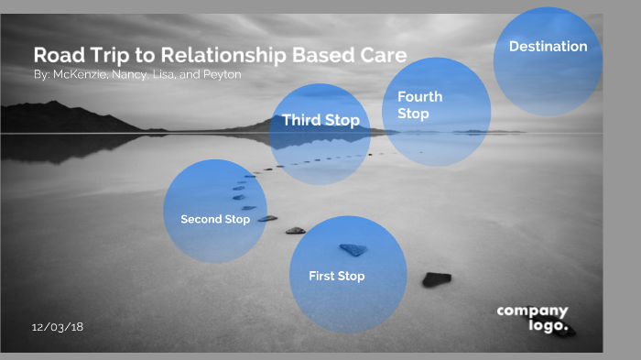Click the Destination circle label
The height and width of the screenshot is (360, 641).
[x=548, y=47]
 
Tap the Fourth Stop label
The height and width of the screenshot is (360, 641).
[x=419, y=105]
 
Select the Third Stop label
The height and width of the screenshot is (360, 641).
[x=320, y=120]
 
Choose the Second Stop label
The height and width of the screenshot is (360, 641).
[x=215, y=220]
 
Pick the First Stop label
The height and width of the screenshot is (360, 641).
[x=336, y=276]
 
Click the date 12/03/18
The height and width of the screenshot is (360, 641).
[x=58, y=327]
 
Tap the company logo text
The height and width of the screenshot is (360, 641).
[x=533, y=318]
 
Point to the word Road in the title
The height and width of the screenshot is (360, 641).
[x=56, y=54]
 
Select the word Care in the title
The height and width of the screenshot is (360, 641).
[x=383, y=54]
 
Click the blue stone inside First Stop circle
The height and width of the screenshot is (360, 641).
[x=353, y=249]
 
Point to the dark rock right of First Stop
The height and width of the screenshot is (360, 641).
[x=436, y=279]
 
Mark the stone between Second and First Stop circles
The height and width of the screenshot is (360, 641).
[x=295, y=230]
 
